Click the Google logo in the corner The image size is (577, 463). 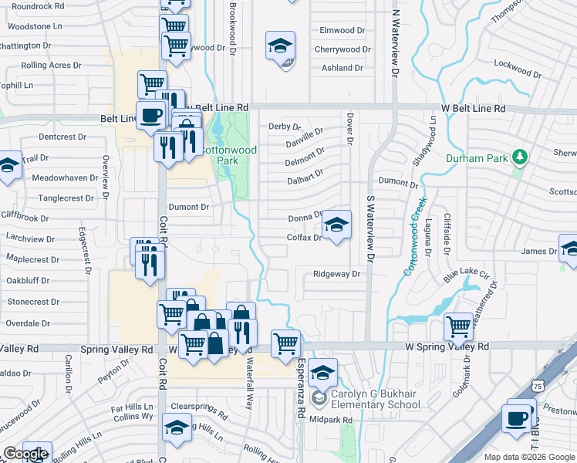click(25, 454)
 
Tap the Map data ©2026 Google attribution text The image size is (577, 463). click(528, 457)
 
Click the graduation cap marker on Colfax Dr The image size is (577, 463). click(336, 225)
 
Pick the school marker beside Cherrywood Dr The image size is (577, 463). click(280, 46)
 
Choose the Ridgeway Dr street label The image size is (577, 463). click(336, 274)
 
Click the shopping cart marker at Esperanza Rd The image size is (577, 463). click(285, 343)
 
